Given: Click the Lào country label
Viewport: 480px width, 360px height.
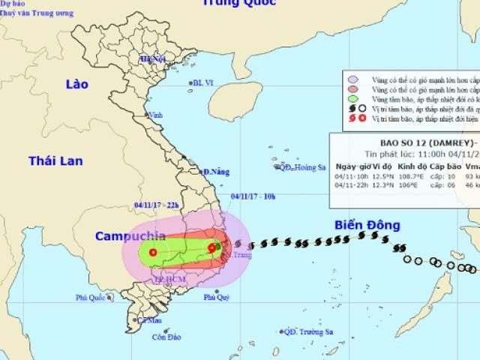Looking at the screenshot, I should coord(76,85).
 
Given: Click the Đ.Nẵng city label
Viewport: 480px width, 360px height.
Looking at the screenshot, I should coord(216,172).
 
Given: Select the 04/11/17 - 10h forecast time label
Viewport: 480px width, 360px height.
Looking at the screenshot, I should coord(253,197).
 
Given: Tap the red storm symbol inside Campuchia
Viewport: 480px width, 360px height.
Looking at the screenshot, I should coord(153,253).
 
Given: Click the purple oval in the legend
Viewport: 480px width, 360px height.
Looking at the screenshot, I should coord(352,79).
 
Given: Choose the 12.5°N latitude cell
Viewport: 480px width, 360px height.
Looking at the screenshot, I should coord(389,176).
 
